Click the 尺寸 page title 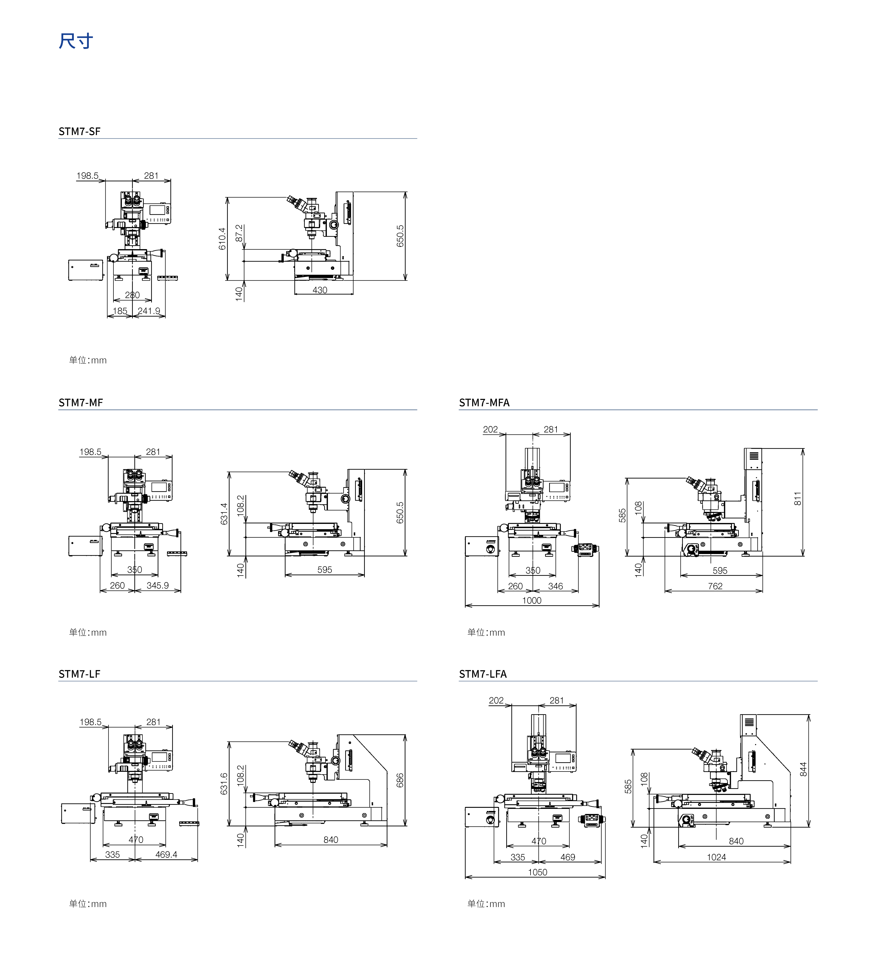pyautogui.click(x=76, y=41)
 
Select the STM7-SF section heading pyautogui.click(x=80, y=131)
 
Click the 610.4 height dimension pyautogui.click(x=222, y=239)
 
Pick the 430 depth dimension pyautogui.click(x=320, y=290)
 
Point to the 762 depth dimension pyautogui.click(x=715, y=586)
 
